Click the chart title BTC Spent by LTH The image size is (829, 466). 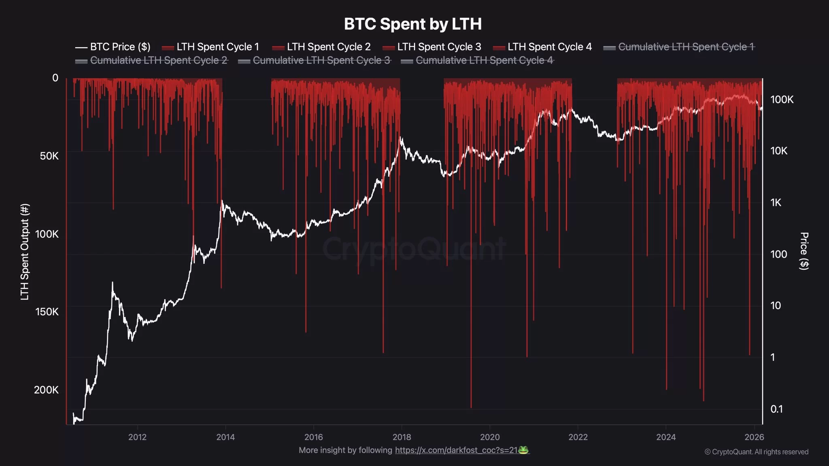pyautogui.click(x=412, y=24)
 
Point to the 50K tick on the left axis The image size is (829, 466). pyautogui.click(x=49, y=156)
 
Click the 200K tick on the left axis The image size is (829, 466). pyautogui.click(x=46, y=390)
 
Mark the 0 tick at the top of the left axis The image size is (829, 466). pyautogui.click(x=55, y=78)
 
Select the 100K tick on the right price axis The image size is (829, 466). pyautogui.click(x=782, y=100)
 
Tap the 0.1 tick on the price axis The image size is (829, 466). pyautogui.click(x=776, y=409)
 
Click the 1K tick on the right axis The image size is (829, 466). pyautogui.click(x=776, y=203)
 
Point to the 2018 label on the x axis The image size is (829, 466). pyautogui.click(x=402, y=437)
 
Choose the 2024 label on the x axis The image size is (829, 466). pyautogui.click(x=666, y=437)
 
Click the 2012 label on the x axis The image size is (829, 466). pyautogui.click(x=137, y=437)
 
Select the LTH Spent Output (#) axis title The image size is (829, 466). pyautogui.click(x=25, y=252)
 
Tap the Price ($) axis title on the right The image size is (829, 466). pyautogui.click(x=804, y=251)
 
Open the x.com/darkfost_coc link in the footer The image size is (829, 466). pyautogui.click(x=456, y=450)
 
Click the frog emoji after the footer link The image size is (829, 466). pyautogui.click(x=523, y=450)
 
